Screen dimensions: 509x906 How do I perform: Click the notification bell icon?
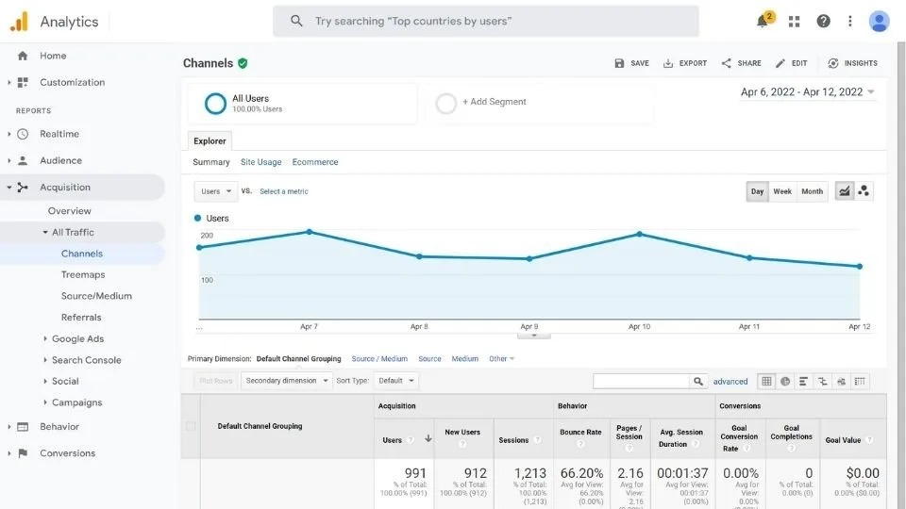763,22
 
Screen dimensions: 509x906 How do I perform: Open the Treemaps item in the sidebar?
83,274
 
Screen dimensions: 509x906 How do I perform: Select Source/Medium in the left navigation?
96,296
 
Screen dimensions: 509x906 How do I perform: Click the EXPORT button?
685,63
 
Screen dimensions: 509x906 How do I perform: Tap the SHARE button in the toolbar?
741,63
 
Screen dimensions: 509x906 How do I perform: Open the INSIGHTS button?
852,63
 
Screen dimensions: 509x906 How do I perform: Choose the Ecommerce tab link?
315,162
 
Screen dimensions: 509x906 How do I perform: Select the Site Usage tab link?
260,162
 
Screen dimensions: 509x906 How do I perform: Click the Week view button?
782,191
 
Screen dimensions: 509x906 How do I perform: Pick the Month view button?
812,191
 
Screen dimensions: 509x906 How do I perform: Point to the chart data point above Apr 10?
640,234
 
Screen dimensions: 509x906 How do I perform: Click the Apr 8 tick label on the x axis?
419,326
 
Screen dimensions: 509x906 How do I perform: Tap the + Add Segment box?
495,102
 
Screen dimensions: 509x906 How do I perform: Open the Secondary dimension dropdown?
287,381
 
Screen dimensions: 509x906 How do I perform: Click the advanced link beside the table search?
730,382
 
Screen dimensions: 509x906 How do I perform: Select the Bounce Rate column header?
580,433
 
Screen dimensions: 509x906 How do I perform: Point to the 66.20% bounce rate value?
581,473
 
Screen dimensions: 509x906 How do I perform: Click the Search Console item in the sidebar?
87,360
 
